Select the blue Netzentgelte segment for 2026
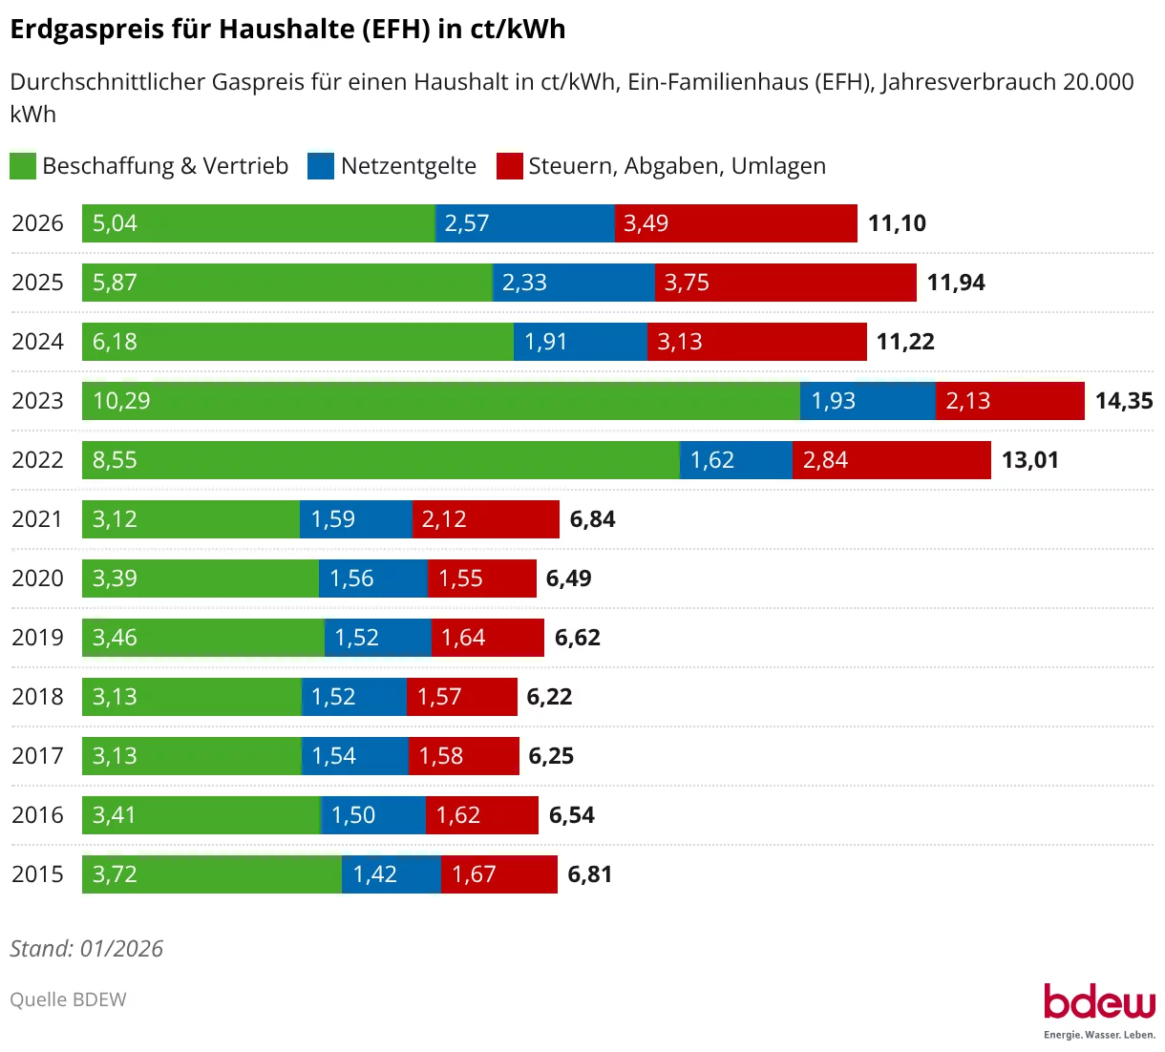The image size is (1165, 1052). tap(525, 223)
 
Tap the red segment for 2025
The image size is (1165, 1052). tap(785, 283)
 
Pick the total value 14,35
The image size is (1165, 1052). tap(1124, 401)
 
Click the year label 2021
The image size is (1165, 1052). tap(37, 519)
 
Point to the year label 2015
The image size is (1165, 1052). tap(37, 874)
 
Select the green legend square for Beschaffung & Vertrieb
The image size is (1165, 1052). tap(23, 166)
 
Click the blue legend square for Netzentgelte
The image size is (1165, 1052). tap(321, 166)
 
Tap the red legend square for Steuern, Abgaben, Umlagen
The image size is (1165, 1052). tap(510, 166)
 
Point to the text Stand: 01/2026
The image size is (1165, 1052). tap(86, 949)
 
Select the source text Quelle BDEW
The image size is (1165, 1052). tap(68, 999)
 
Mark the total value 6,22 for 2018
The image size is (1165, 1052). tap(549, 697)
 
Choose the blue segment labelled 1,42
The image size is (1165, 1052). tap(392, 874)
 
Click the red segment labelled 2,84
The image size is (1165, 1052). tap(891, 460)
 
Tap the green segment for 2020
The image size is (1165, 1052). tap(201, 579)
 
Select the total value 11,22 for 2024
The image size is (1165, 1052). tap(905, 342)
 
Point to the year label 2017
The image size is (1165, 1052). tap(37, 756)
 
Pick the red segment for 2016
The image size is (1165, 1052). tap(482, 815)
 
